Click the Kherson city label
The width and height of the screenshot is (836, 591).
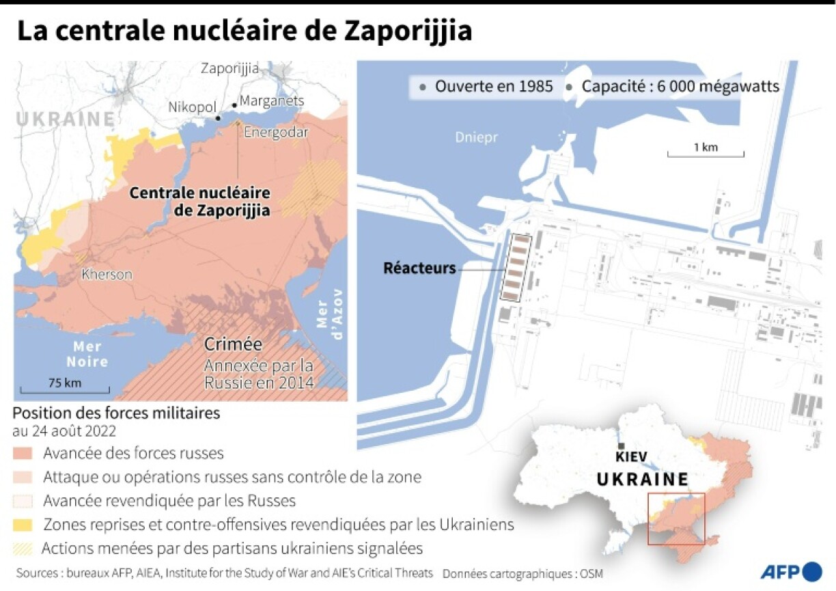coord(107,275)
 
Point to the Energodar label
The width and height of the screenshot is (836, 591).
coord(276,133)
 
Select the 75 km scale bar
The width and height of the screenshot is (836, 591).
coord(65,389)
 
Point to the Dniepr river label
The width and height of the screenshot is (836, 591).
coord(477,137)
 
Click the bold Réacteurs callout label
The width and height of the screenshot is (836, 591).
coord(419,269)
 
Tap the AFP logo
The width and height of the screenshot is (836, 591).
coord(791,571)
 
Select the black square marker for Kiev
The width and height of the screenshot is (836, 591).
coord(619,446)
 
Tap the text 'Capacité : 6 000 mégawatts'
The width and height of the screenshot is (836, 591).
coord(680,87)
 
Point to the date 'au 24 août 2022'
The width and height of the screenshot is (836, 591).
coord(64,432)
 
